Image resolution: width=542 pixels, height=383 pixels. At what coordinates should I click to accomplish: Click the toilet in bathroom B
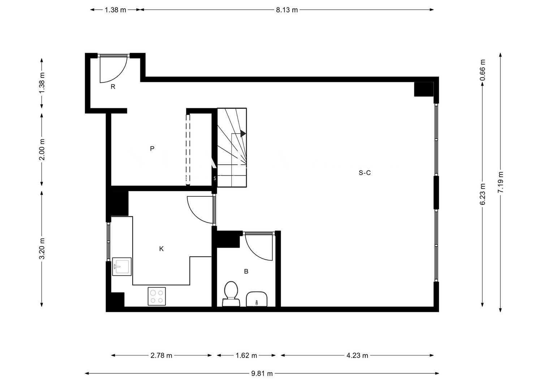(231, 293)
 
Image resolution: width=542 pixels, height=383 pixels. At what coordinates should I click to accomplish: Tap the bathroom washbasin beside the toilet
(257, 299)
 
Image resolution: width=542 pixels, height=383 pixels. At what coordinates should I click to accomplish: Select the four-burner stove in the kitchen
(157, 296)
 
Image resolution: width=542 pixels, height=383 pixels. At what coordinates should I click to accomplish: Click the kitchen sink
(122, 266)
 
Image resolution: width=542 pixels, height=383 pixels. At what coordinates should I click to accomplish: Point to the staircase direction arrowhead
(243, 134)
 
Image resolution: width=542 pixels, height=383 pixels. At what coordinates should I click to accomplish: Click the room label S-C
(364, 173)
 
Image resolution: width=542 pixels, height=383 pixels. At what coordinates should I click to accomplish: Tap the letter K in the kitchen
(162, 249)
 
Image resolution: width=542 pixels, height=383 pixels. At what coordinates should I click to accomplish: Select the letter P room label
(152, 148)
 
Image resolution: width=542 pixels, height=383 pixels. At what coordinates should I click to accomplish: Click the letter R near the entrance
(113, 87)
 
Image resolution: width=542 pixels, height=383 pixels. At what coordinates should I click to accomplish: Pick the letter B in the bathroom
(246, 271)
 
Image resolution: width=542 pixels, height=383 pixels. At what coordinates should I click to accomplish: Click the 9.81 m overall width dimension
(262, 374)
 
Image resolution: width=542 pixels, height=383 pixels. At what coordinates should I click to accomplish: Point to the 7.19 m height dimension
(500, 182)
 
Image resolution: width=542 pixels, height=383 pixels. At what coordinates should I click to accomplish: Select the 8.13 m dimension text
(287, 10)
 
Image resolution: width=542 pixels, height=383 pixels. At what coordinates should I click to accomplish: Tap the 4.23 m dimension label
(357, 356)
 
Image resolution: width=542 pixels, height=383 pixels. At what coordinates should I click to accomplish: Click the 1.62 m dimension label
(246, 356)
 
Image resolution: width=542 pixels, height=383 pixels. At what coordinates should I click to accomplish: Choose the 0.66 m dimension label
(482, 70)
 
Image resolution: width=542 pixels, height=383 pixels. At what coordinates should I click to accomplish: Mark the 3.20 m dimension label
(42, 249)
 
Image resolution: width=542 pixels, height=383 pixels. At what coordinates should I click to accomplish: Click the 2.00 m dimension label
(42, 150)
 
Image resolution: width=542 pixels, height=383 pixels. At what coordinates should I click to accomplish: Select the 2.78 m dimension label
(161, 356)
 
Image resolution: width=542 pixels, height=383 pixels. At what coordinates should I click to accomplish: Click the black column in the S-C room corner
(424, 89)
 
